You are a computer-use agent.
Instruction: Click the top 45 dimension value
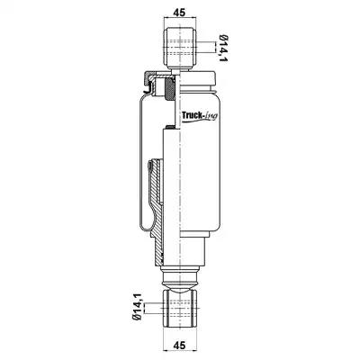point(179,12)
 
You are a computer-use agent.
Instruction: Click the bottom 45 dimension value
point(179,345)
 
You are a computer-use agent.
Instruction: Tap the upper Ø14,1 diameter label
point(223,49)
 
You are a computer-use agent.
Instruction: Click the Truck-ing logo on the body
point(200,116)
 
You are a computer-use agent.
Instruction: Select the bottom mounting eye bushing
point(179,309)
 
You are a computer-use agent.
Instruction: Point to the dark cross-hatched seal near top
point(170,89)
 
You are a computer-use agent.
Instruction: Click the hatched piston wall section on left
point(157,210)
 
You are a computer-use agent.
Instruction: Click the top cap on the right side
point(198,78)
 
